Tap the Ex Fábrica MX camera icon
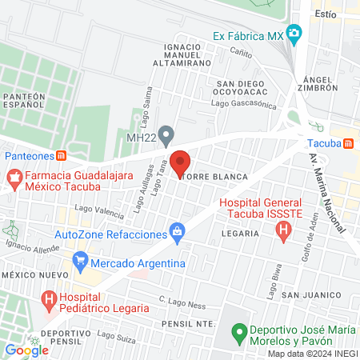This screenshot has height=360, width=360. (x=294, y=35)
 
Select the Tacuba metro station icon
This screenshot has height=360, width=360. (x=348, y=144)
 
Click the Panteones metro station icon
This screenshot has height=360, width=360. (x=62, y=155)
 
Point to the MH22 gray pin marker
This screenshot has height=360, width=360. (x=166, y=133)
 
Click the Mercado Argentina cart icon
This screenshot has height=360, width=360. (x=79, y=262)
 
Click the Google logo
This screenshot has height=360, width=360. (x=26, y=350)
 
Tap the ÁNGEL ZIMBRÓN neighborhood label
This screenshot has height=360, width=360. (x=322, y=86)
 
